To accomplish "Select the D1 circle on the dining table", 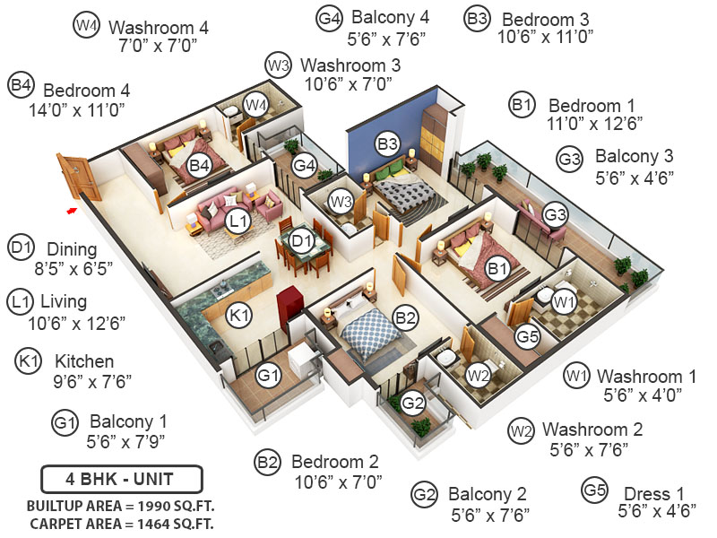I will pos(301,240).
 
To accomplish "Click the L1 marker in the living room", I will pos(238,221).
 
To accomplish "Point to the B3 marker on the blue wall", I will pos(387,143).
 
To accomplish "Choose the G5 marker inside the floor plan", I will pos(527,338).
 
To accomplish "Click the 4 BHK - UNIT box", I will pos(121,477).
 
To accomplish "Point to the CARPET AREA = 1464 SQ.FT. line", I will pos(121,523).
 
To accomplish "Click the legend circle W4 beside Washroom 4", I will pos(86,27).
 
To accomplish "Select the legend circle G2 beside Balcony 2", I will pos(424,493).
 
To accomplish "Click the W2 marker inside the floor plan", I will pos(477,373).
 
